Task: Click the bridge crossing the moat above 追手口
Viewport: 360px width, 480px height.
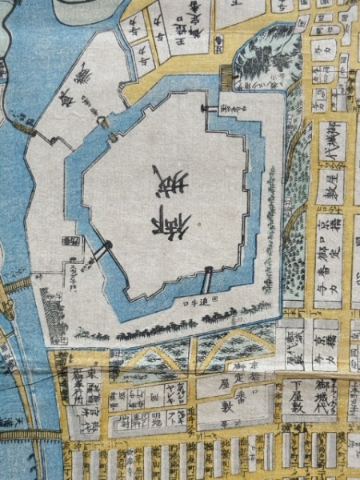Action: pos(207,281)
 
